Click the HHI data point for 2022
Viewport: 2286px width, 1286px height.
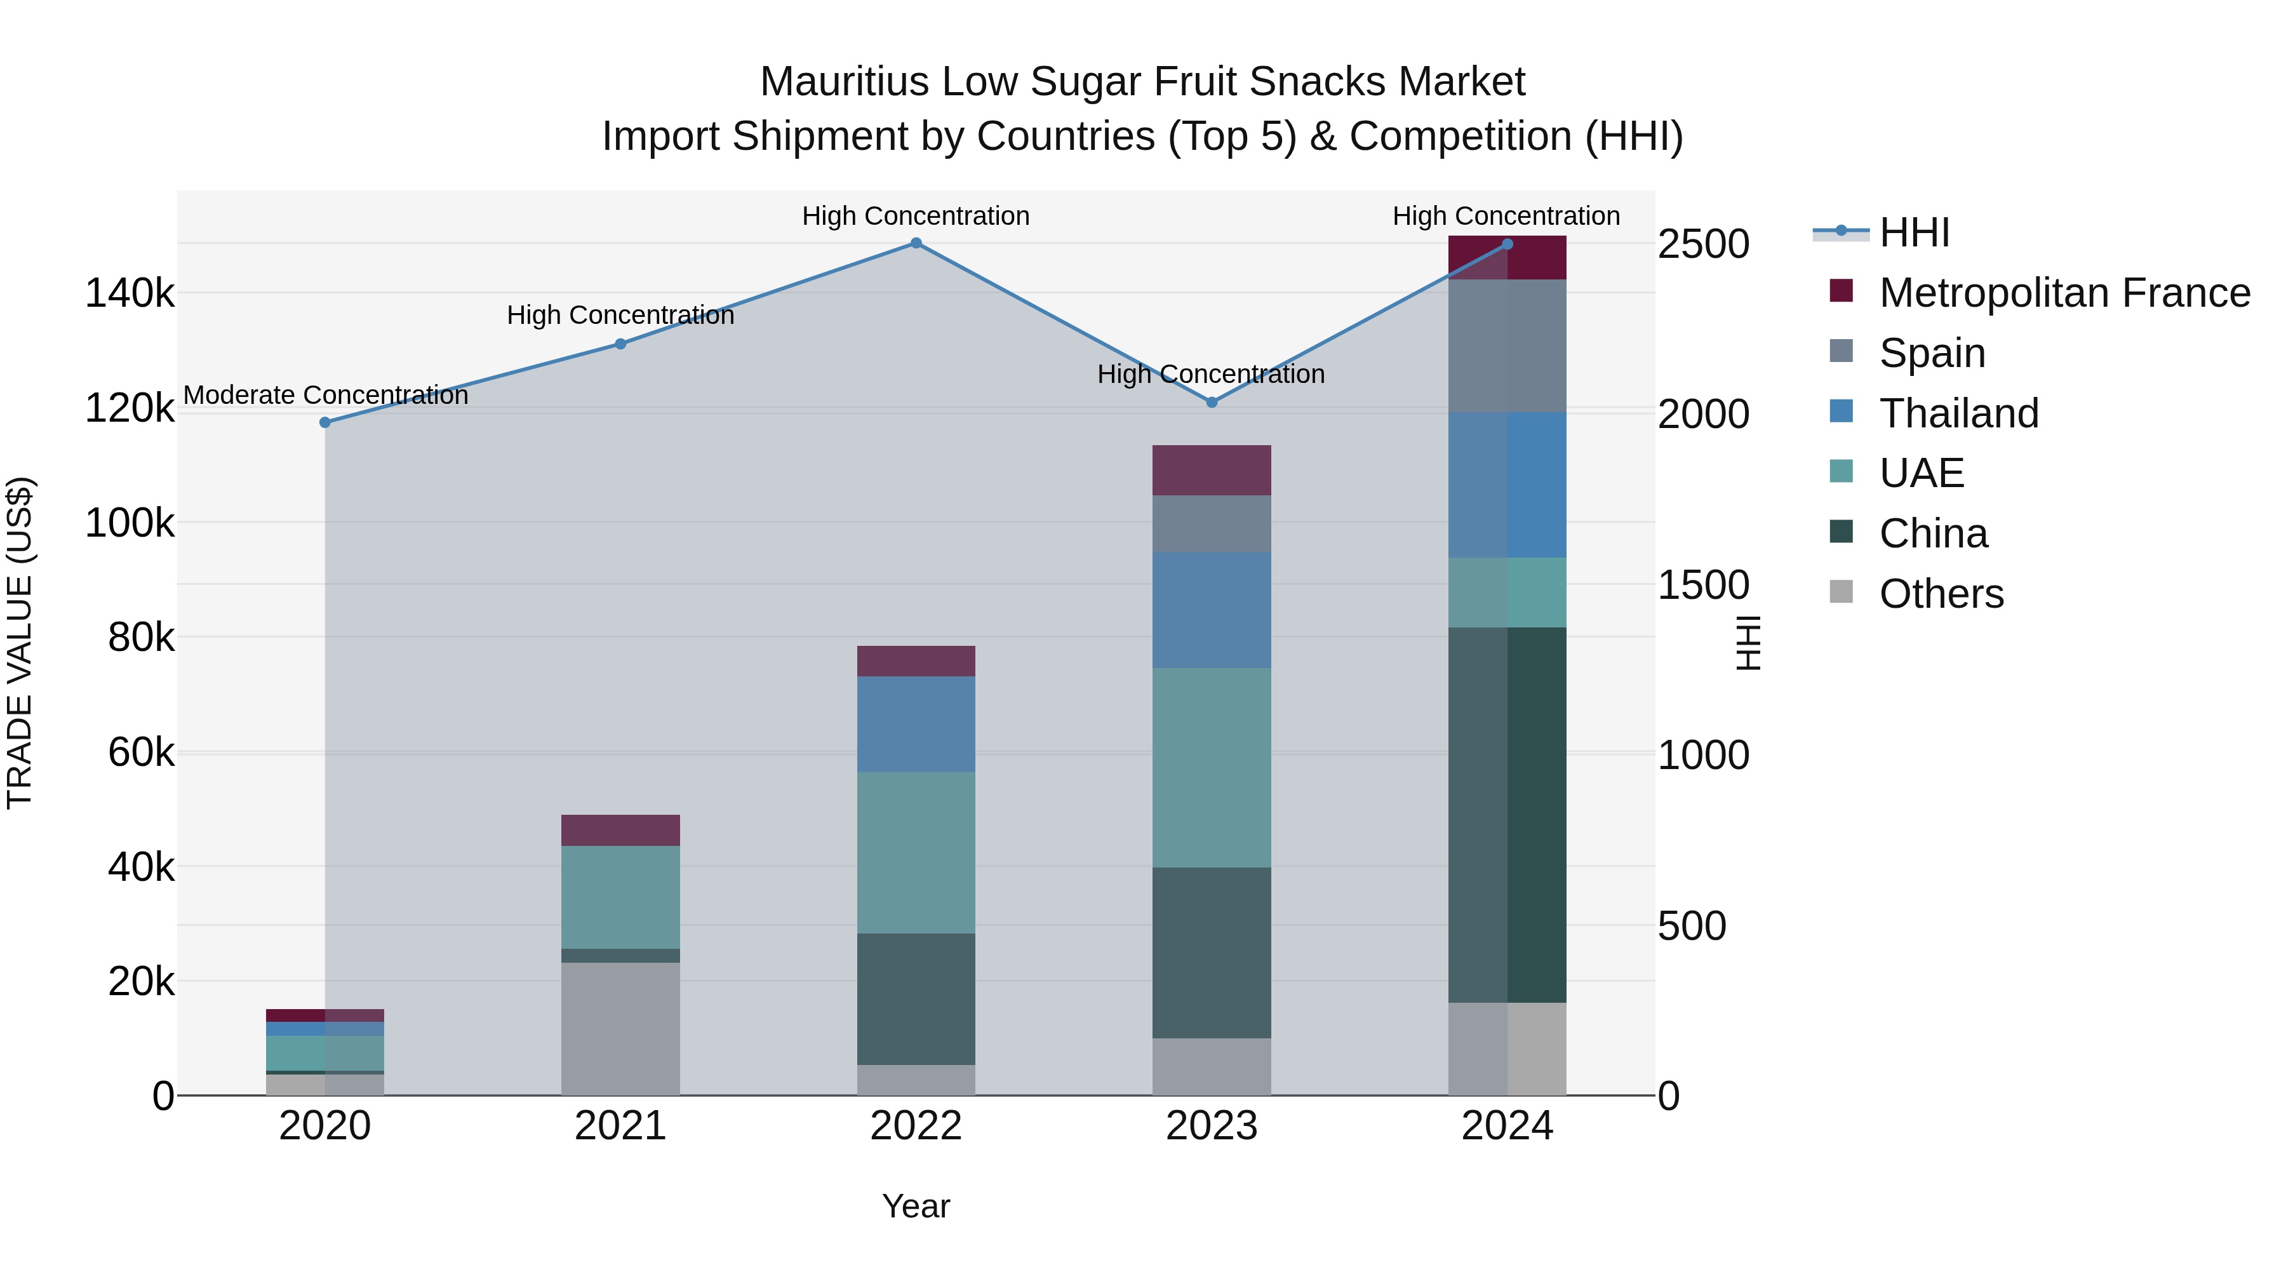(x=916, y=243)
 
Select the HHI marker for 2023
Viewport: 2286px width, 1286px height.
(x=1212, y=402)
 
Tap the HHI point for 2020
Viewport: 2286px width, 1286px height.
(x=324, y=422)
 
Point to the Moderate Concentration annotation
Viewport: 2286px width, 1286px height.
(x=326, y=395)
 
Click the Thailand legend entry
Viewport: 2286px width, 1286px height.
(x=1958, y=413)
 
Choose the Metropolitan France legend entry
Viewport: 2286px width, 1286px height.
(x=2064, y=293)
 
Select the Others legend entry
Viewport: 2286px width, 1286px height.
(x=1941, y=594)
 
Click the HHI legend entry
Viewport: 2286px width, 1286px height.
(x=1914, y=232)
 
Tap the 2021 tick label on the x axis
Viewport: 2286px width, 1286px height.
(x=620, y=1126)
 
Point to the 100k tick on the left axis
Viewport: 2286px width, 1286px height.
(x=130, y=523)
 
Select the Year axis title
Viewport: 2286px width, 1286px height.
(x=916, y=1206)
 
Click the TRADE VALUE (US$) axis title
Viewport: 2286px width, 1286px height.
(x=20, y=643)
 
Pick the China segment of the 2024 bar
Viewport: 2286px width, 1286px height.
(x=1507, y=815)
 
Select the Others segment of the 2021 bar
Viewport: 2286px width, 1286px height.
(x=620, y=1029)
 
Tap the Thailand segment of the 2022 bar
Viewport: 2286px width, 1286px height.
(x=916, y=724)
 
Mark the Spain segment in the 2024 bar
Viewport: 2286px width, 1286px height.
(x=1507, y=345)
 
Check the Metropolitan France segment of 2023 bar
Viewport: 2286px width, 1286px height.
(x=1212, y=471)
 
